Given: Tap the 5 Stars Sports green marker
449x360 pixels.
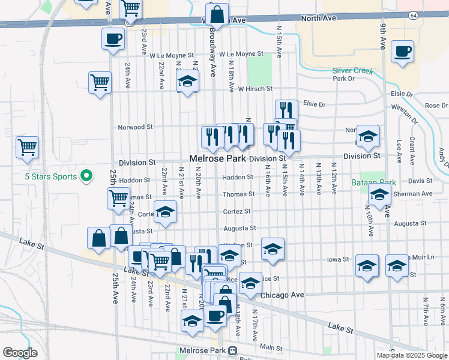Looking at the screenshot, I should (86, 176).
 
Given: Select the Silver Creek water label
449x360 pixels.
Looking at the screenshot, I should (353, 70).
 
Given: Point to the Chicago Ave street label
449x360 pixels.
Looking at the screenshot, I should (283, 295).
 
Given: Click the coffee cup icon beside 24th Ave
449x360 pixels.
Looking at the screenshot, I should (113, 39).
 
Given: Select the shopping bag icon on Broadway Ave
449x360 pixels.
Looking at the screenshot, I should (217, 14).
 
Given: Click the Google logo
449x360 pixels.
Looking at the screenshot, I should (20, 352).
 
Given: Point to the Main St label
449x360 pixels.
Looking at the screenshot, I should (271, 347).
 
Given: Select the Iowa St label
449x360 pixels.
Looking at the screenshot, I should (337, 259).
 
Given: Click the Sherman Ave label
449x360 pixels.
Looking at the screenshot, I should (418, 194).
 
